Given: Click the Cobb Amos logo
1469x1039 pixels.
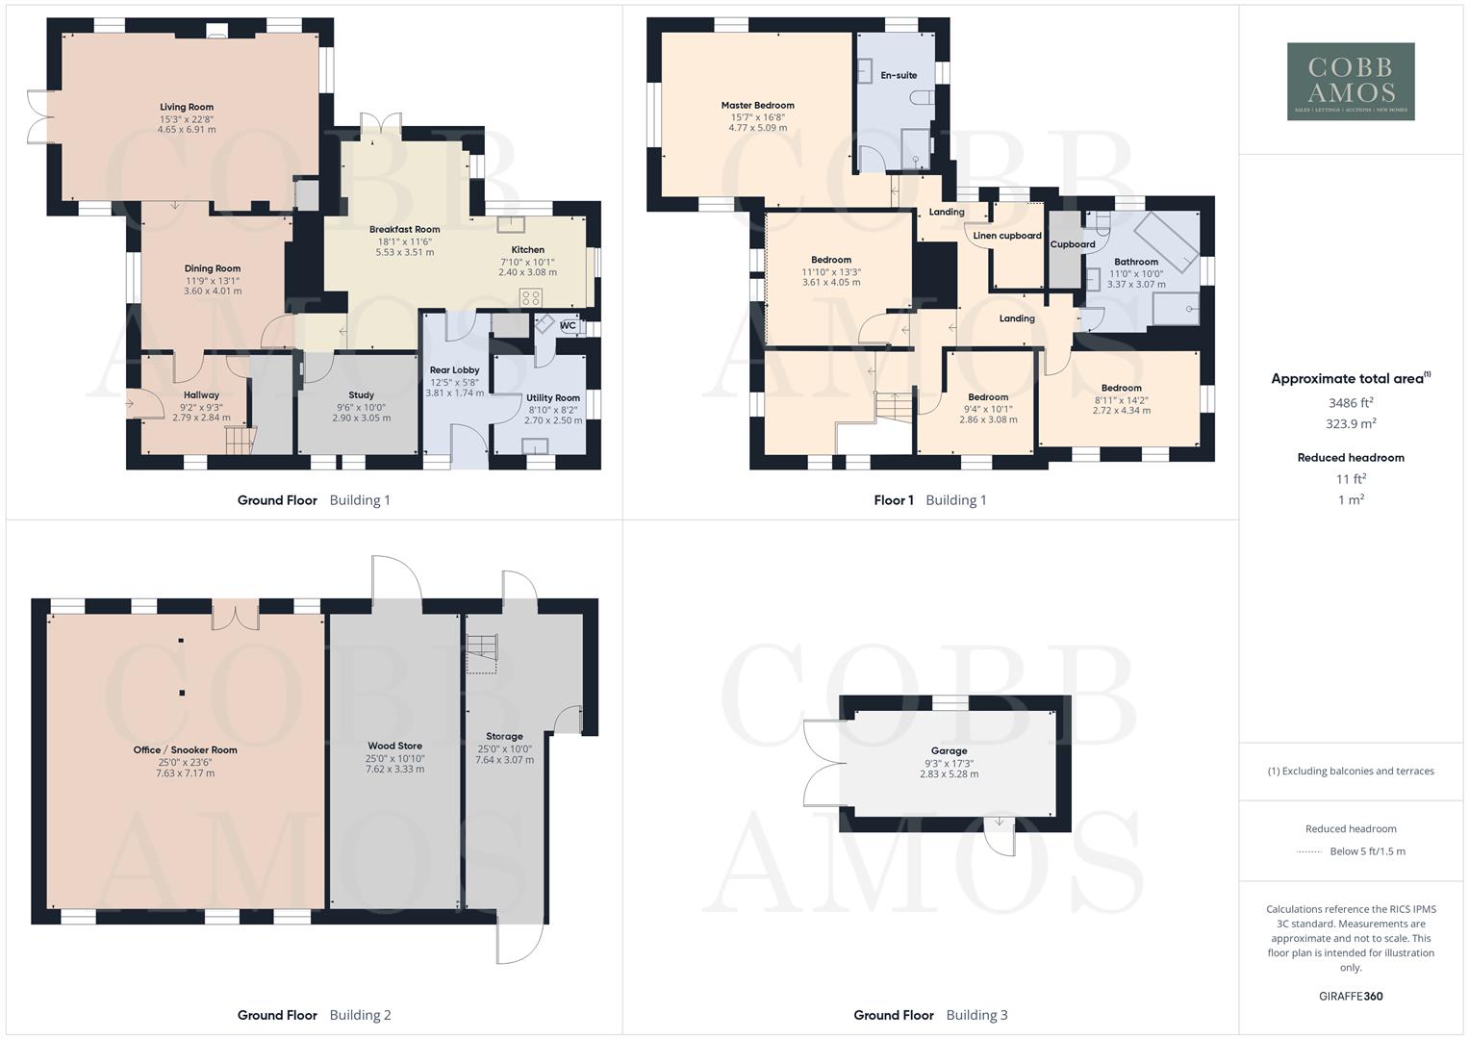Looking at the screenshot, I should pyautogui.click(x=1350, y=81).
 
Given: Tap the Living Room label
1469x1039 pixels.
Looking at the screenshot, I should pyautogui.click(x=187, y=108).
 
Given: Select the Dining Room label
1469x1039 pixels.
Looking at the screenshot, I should pyautogui.click(x=213, y=269).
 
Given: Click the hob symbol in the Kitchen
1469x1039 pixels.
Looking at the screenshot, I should pyautogui.click(x=530, y=297).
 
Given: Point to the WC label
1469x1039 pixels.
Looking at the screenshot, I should pyautogui.click(x=568, y=325).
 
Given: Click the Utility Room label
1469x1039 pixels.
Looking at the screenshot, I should pyautogui.click(x=553, y=398).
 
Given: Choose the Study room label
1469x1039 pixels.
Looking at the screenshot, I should pyautogui.click(x=361, y=395).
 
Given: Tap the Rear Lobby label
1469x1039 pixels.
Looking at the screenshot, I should pyautogui.click(x=454, y=370).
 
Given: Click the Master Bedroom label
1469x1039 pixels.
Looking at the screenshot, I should pyautogui.click(x=757, y=106).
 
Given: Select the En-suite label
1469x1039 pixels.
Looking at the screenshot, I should pyautogui.click(x=899, y=75).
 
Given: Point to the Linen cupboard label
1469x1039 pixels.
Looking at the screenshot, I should pyautogui.click(x=1007, y=236).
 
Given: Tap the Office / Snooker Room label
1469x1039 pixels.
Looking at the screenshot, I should pyautogui.click(x=185, y=750).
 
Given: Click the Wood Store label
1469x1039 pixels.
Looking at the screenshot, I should pyautogui.click(x=394, y=747).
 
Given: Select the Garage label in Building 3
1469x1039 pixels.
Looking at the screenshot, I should pyautogui.click(x=949, y=751).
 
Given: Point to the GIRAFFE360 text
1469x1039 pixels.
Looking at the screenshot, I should pyautogui.click(x=1351, y=997).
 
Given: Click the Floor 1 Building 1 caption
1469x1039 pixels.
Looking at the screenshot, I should pyautogui.click(x=929, y=500).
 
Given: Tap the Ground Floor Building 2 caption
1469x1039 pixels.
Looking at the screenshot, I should pyautogui.click(x=314, y=1015).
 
